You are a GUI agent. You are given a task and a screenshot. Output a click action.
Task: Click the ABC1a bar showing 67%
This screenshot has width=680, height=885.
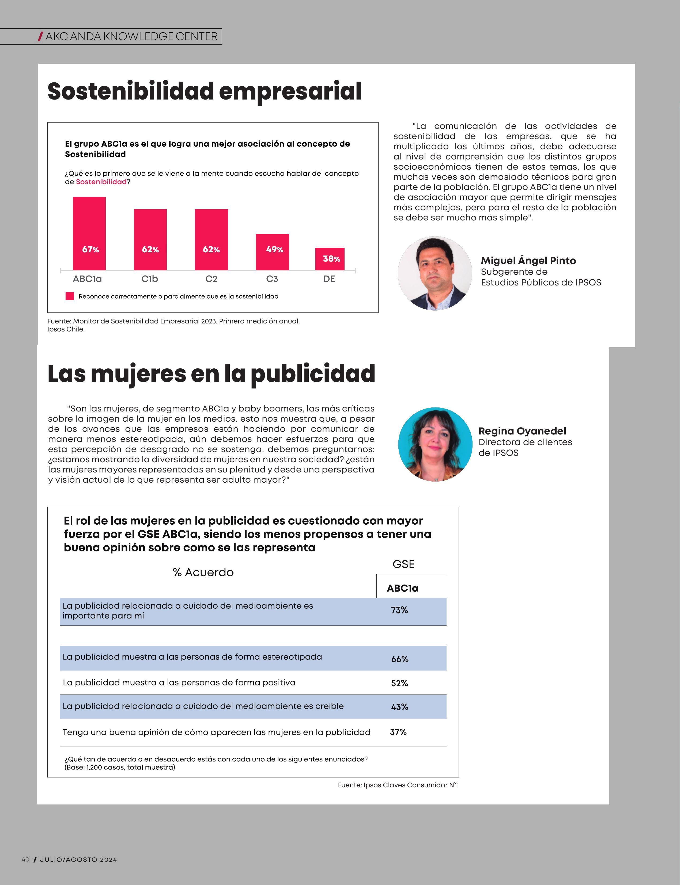[x=89, y=233]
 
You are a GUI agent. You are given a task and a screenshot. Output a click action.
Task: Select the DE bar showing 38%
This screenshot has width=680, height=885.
[x=330, y=259]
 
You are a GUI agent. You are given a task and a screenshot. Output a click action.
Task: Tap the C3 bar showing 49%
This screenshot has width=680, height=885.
[x=273, y=252]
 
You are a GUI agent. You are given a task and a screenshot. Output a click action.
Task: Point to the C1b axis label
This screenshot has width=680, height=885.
[x=150, y=279]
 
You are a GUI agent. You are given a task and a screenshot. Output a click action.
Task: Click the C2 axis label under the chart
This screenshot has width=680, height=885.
[x=211, y=279]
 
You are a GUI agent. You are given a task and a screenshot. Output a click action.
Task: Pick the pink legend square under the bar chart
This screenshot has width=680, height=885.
[x=70, y=296]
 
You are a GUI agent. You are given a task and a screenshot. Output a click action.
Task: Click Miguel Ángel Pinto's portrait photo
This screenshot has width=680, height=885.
[x=435, y=273]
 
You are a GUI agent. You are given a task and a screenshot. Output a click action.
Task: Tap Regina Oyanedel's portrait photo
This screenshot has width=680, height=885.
[x=435, y=444]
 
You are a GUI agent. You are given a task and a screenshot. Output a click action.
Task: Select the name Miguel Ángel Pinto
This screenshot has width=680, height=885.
[x=528, y=261]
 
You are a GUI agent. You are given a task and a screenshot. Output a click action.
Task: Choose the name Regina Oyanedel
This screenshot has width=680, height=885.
[x=522, y=431]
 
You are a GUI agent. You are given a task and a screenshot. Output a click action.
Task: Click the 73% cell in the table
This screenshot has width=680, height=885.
[x=399, y=610]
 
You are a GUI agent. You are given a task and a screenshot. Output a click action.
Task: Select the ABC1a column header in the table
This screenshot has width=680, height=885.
[x=402, y=588]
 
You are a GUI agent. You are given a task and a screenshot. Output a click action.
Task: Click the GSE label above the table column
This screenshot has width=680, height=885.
[x=403, y=564]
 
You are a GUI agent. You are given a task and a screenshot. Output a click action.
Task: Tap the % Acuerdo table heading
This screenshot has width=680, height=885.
[x=203, y=572]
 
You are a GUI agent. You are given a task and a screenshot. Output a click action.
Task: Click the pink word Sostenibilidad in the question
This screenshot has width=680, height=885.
[x=101, y=182]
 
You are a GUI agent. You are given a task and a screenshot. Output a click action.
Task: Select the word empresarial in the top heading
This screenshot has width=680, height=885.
[x=290, y=92]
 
